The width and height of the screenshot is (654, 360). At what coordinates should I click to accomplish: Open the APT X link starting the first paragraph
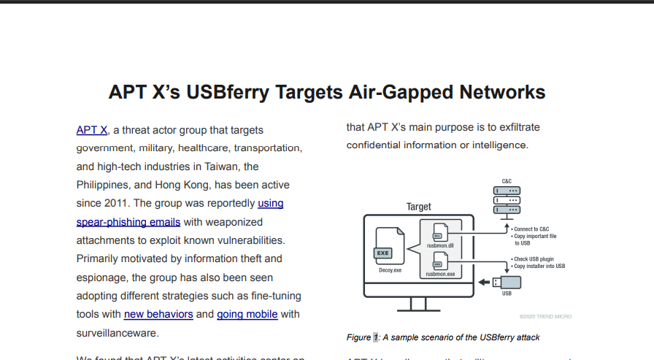[x=92, y=131]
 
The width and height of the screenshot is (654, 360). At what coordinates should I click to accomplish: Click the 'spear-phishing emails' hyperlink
[x=128, y=221]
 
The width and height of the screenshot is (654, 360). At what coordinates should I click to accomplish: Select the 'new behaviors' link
[x=158, y=314]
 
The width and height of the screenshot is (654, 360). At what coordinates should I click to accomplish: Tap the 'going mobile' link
[x=247, y=314]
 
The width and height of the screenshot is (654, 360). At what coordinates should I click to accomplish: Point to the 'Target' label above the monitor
[x=419, y=207]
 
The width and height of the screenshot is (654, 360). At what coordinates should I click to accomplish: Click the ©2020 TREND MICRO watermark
[x=545, y=317]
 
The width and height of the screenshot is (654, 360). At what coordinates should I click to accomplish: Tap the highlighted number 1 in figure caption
[x=376, y=337]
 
